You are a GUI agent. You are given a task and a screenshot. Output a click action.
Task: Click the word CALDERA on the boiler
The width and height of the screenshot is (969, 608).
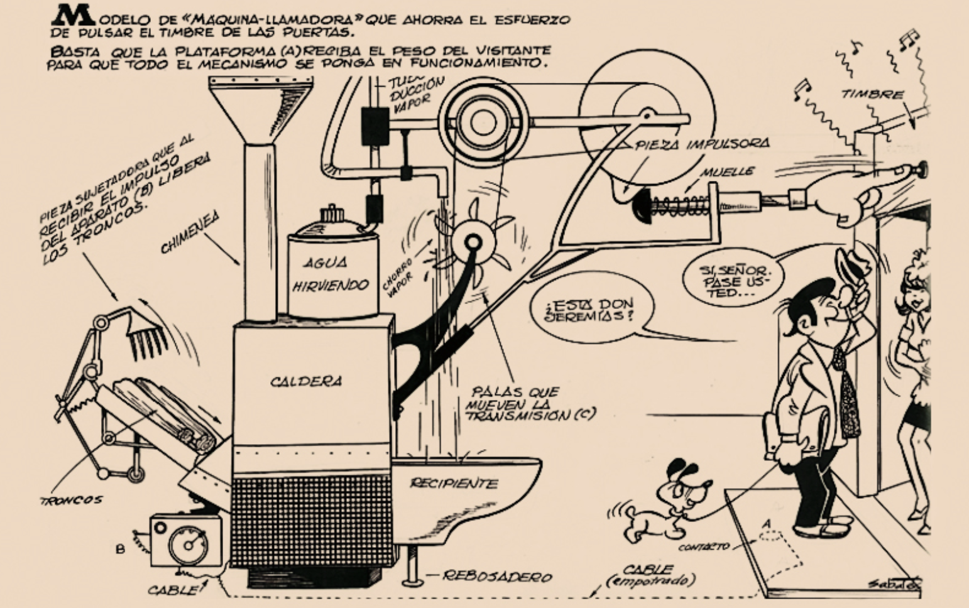click(x=306, y=381)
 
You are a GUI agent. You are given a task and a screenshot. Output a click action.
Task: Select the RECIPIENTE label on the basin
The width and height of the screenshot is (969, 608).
click(x=454, y=483)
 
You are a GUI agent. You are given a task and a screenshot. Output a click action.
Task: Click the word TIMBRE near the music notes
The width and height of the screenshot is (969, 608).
click(x=872, y=95)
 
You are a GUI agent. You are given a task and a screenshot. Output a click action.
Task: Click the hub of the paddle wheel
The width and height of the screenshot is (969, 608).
click(x=472, y=242)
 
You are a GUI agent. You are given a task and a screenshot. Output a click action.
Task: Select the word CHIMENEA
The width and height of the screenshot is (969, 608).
click(x=189, y=232)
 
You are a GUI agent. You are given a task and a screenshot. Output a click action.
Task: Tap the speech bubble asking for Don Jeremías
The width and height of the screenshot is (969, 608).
click(x=590, y=309)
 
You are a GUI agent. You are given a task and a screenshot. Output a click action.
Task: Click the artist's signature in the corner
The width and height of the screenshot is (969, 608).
click(x=893, y=583)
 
